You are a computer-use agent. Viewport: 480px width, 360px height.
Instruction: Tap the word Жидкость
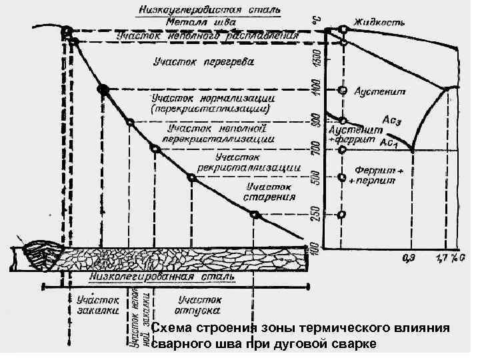pos(379,23)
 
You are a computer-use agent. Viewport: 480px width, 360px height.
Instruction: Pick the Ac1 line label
pos(389,142)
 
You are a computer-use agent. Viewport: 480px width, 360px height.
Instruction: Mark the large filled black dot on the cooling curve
pos(103,89)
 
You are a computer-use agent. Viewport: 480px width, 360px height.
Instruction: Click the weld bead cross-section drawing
pos(41,255)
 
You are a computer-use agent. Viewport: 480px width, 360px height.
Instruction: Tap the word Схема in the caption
pos(171,329)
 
